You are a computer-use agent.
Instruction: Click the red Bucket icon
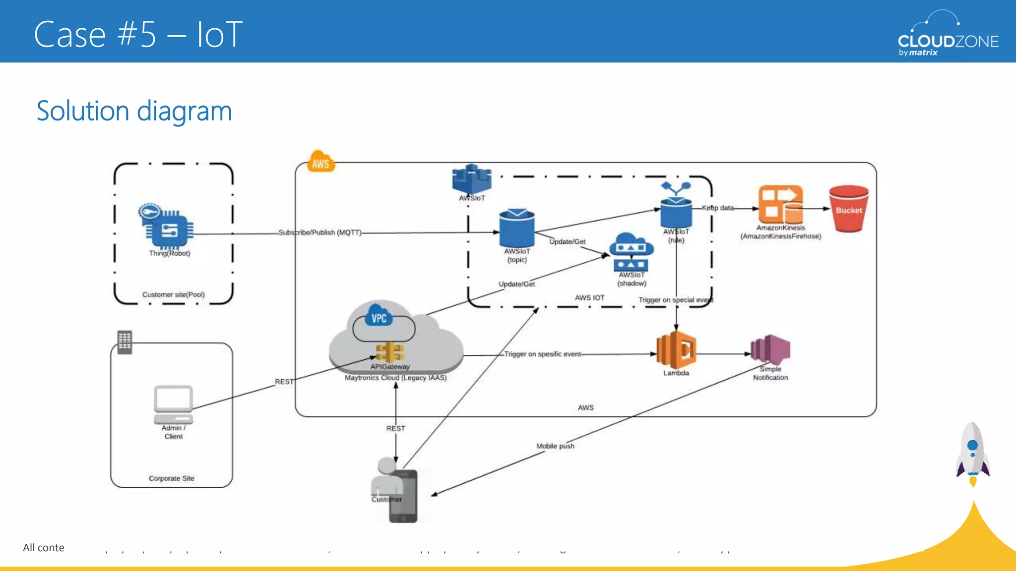coord(848,209)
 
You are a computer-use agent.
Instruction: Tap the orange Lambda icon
coord(676,350)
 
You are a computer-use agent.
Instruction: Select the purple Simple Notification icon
coord(770,349)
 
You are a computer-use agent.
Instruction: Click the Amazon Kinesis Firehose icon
coord(780,204)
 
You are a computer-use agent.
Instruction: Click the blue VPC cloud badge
coord(379,316)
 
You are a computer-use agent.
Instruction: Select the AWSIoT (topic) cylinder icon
coord(516,228)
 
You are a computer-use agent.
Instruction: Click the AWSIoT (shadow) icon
coord(631,252)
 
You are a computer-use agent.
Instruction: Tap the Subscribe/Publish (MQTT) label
coord(320,232)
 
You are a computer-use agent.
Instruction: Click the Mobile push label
coord(555,446)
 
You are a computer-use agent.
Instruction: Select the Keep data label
coord(717,208)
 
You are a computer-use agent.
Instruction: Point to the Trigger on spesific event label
coord(542,354)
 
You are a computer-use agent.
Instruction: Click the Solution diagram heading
coord(134,111)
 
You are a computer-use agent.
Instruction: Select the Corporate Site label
coord(171,478)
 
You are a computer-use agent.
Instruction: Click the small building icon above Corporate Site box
coord(125,342)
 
